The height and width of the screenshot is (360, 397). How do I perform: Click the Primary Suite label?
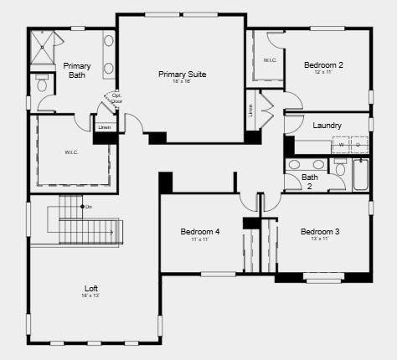coord(182,74)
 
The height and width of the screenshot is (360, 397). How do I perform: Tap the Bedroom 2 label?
coord(323,64)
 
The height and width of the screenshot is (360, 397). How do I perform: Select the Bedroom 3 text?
coord(320,231)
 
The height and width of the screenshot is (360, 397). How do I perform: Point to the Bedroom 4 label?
coord(200,231)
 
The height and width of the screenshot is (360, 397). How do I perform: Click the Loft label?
coord(91,288)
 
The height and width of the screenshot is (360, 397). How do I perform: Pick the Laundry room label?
coord(327,126)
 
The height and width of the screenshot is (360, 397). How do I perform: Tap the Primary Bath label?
coord(77,70)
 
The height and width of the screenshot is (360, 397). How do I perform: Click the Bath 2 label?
coord(310,181)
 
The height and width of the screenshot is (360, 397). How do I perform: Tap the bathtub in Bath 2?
coord(360,172)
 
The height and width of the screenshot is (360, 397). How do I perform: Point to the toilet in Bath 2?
coord(339,167)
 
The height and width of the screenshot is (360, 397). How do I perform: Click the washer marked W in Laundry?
coord(341,145)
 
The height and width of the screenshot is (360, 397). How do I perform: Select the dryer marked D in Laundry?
coord(358,145)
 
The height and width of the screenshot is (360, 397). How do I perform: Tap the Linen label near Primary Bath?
coord(104,127)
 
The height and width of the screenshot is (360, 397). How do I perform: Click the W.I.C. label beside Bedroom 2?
coord(270,59)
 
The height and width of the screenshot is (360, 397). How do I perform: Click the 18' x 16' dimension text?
coord(182,81)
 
